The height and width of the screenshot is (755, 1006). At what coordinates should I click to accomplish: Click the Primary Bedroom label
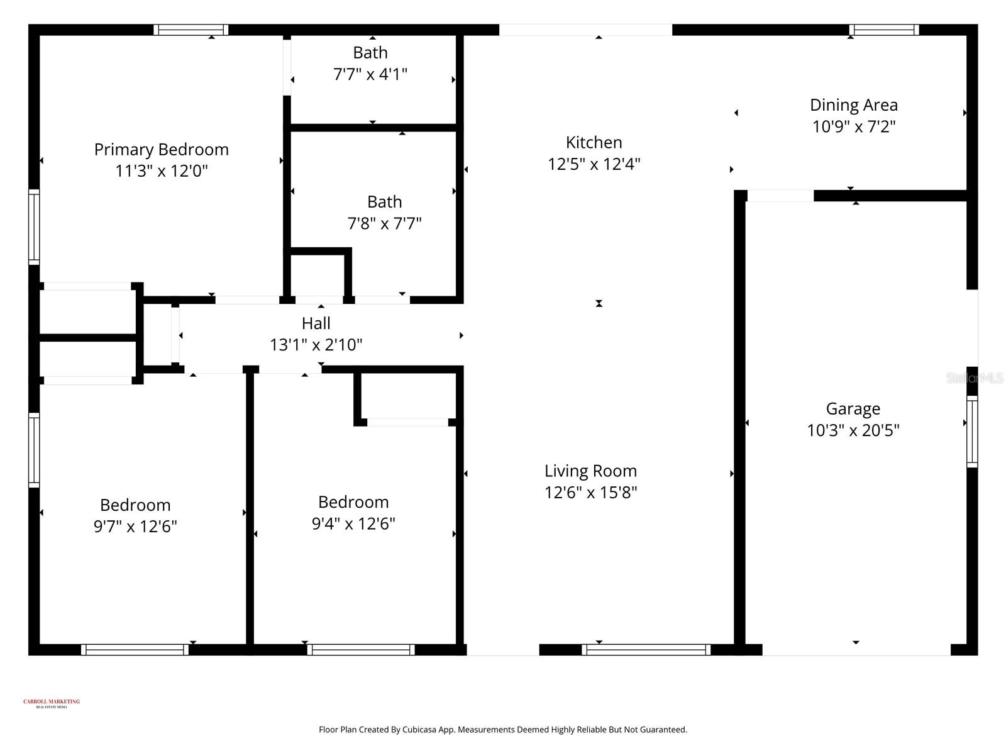161,150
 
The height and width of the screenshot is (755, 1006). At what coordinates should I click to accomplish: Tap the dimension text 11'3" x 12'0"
161,171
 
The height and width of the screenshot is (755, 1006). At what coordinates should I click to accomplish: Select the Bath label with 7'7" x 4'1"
370,53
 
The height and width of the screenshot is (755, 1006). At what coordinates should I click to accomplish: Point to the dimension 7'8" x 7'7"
384,223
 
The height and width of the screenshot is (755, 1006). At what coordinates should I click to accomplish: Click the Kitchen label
594,143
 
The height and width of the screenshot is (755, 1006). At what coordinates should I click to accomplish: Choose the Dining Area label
853,105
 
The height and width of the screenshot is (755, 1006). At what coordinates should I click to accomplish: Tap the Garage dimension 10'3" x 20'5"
853,430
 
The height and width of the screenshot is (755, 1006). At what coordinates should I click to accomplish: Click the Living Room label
590,471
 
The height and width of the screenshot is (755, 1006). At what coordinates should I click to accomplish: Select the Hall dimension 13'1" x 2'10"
316,345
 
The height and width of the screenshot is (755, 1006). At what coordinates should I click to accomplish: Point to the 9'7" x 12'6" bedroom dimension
135,527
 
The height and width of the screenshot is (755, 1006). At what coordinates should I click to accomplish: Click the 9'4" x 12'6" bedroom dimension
353,523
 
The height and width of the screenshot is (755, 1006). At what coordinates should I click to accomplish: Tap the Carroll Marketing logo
52,703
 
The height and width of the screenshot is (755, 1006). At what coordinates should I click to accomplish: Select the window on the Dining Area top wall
883,30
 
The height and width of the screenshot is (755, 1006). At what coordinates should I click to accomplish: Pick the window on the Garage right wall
972,432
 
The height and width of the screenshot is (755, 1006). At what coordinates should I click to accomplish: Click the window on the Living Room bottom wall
646,649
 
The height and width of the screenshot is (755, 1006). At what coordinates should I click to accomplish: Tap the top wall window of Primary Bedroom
191,30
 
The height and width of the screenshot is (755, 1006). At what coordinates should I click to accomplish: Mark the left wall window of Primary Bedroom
34,226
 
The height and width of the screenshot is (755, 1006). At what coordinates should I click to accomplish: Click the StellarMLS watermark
975,378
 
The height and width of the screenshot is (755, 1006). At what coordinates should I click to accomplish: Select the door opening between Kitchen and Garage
780,196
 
